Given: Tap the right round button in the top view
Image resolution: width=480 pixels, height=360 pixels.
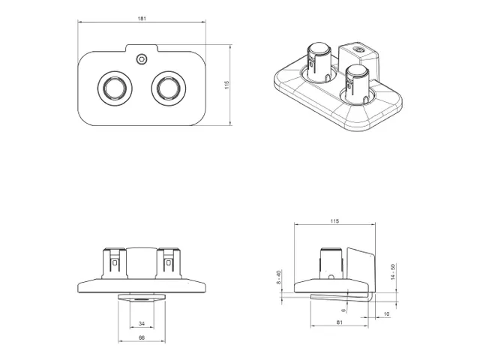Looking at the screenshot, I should pyautogui.click(x=166, y=88).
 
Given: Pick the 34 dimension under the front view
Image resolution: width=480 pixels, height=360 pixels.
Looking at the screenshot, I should pyautogui.click(x=142, y=324).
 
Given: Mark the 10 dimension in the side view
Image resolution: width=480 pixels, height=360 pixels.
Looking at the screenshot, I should pyautogui.click(x=385, y=313).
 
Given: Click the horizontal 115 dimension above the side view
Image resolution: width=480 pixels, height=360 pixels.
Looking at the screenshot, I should pyautogui.click(x=334, y=221).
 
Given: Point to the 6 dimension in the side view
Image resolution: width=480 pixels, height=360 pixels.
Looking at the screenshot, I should pyautogui.click(x=343, y=309).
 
